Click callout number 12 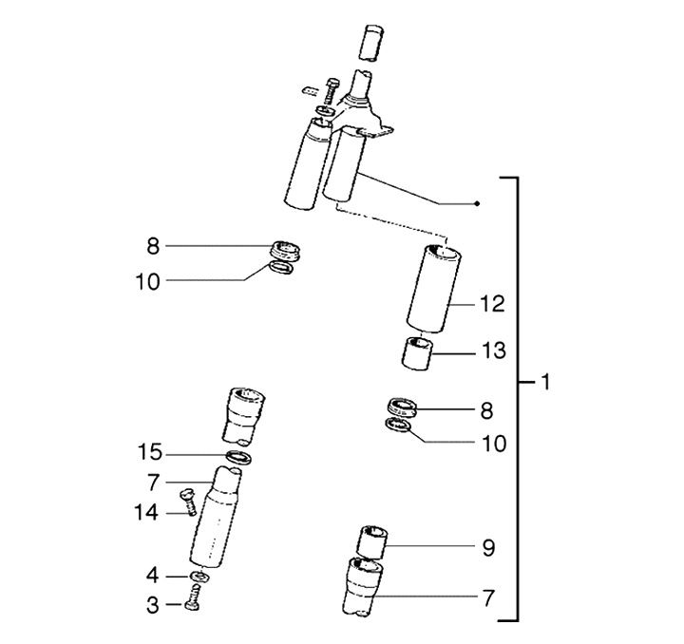click(x=492, y=305)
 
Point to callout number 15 click(x=151, y=451)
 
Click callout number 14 click(x=145, y=514)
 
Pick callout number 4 click(x=151, y=576)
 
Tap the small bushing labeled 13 click(x=417, y=354)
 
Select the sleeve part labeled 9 click(x=371, y=541)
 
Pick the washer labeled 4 click(x=199, y=578)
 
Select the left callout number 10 click(x=151, y=281)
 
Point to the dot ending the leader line click(x=478, y=203)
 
